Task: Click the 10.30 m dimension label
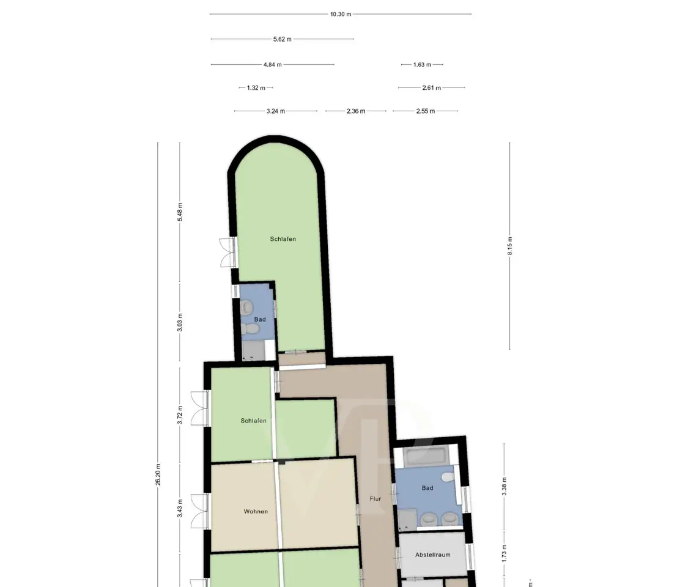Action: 341,14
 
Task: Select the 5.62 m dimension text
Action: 282,39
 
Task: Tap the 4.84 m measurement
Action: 273,64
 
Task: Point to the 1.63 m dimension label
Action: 422,64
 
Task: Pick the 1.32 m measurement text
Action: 256,87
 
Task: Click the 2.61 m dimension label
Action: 431,87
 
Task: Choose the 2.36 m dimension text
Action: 356,111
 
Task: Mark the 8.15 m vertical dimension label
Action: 510,246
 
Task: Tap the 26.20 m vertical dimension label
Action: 158,474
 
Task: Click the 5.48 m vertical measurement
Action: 180,212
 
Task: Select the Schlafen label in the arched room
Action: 283,239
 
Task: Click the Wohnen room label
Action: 256,512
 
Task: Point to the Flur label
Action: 375,499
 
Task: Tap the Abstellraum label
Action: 432,555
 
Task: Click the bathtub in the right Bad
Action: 425,456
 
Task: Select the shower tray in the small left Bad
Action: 253,350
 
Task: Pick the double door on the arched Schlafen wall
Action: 227,253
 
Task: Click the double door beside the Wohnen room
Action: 199,512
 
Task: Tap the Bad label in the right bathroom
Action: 427,488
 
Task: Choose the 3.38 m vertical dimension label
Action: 504,487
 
